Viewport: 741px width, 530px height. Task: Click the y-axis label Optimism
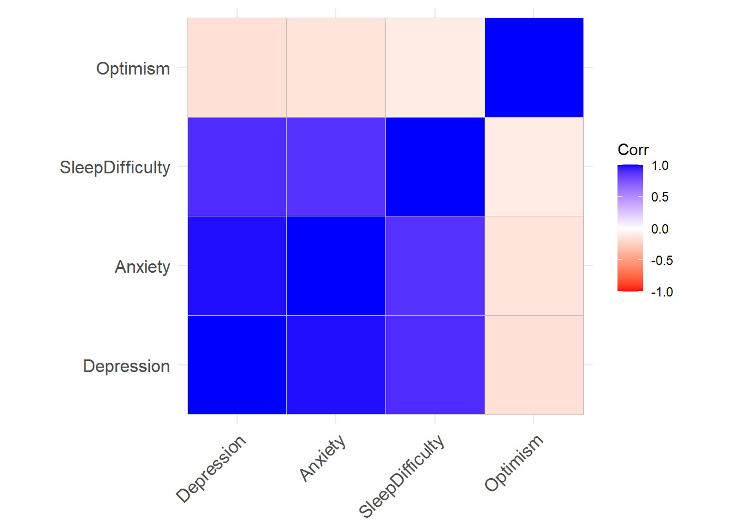coord(133,68)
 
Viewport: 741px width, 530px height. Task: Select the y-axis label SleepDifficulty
coord(115,167)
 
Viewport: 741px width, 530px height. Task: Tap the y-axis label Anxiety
coord(142,267)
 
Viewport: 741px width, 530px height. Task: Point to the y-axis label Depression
coord(126,366)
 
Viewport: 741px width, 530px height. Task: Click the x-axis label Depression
coord(211,469)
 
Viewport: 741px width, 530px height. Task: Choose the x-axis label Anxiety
coord(323,458)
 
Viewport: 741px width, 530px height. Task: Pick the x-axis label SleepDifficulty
coord(402,476)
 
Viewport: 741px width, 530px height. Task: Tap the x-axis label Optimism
coord(514,463)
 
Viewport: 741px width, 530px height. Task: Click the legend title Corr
coord(633,150)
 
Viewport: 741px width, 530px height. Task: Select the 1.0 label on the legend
coord(659,166)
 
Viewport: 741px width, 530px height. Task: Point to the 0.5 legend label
coord(659,197)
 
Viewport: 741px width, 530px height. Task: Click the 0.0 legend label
coord(659,229)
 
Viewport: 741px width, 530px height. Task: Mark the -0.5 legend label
coord(662,261)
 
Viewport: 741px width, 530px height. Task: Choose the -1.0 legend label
coord(662,292)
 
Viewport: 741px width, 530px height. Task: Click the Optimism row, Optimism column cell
coord(534,67)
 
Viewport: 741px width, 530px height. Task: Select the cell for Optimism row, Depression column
coord(237,67)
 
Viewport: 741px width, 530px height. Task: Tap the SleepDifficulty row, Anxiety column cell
coord(336,167)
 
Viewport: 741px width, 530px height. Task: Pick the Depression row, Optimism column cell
coord(534,364)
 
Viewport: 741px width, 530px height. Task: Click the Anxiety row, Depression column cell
coord(237,266)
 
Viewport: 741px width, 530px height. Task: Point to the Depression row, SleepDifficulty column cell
coord(435,364)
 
